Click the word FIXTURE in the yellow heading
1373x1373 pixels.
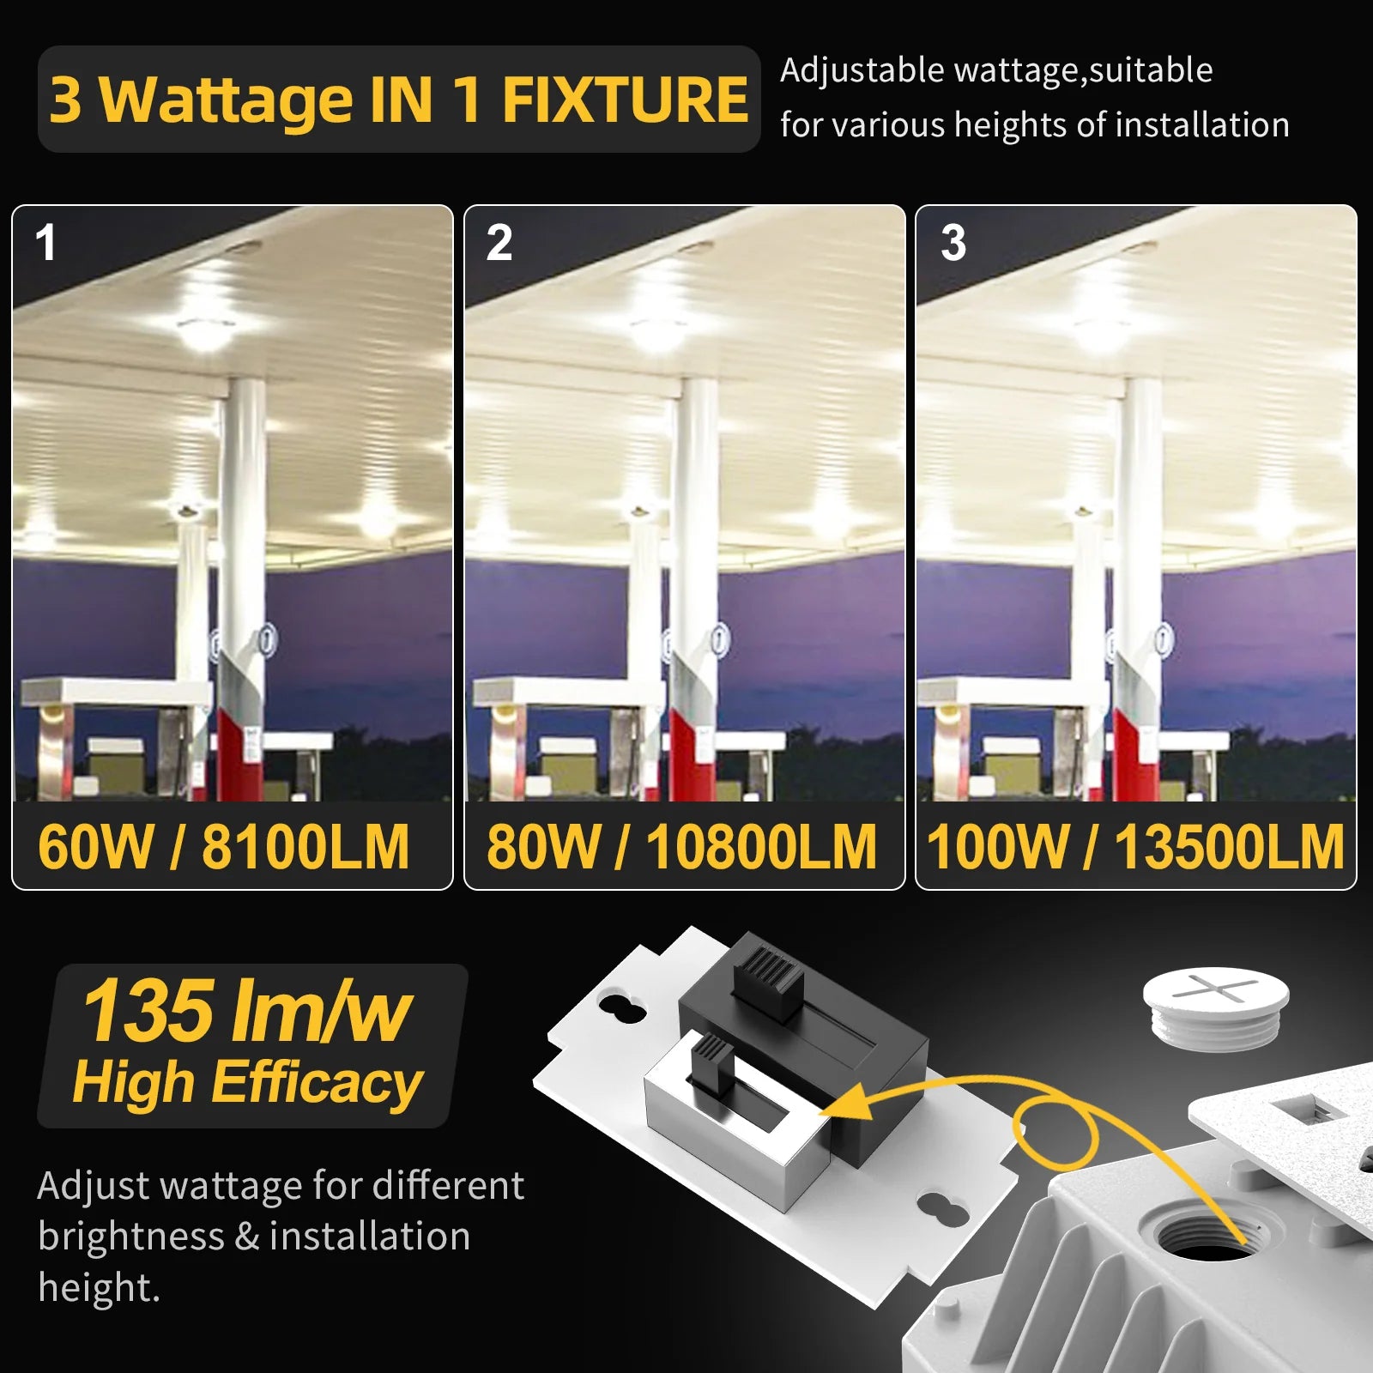point(625,100)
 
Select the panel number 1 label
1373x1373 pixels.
point(45,243)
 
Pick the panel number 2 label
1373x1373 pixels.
point(499,243)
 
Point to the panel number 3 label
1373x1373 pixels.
point(953,243)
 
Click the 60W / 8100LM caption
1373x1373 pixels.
point(224,847)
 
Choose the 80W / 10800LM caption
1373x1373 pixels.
point(682,847)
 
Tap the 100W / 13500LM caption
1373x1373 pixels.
point(1135,847)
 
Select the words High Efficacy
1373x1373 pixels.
point(247,1082)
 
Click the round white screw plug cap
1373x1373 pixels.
point(1216,1004)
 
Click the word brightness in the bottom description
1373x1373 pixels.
point(131,1237)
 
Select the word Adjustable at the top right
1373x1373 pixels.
point(862,70)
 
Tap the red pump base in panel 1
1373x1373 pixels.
point(240,755)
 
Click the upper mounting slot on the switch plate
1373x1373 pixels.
point(623,1006)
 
